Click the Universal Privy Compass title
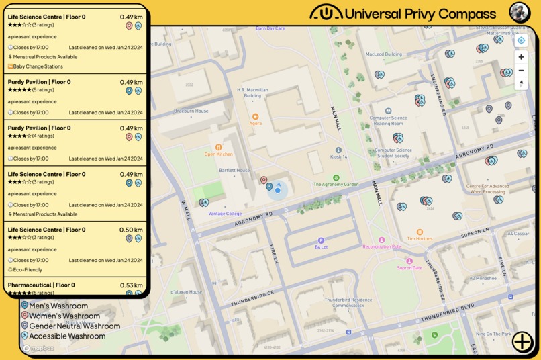point(420,13)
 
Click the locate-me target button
point(521,40)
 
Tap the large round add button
point(522,341)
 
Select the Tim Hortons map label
point(420,238)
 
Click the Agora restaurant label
point(256,123)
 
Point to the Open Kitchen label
point(219,154)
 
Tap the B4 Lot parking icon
point(321,240)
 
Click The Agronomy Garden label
point(336,184)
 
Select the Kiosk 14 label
point(338,156)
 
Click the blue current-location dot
point(278,190)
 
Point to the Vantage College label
point(225,214)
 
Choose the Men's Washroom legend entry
point(58,306)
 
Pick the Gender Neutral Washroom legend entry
point(74,326)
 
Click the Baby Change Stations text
point(38,66)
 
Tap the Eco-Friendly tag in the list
point(28,270)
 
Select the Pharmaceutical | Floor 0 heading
point(42,285)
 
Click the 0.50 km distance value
point(131,230)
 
